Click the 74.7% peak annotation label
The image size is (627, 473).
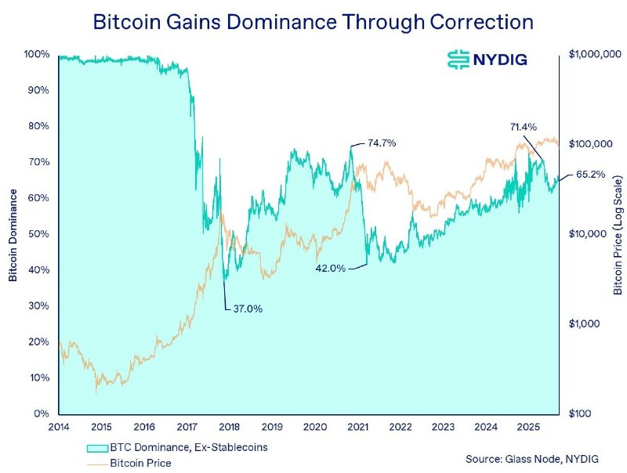click(382, 143)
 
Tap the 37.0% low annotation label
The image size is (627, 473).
click(248, 309)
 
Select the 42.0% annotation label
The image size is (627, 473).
click(331, 268)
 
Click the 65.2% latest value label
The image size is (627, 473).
click(590, 175)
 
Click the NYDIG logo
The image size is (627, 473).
click(486, 60)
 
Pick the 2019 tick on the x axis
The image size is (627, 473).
click(272, 427)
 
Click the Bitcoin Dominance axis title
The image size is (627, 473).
click(13, 235)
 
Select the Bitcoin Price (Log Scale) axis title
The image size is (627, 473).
click(618, 235)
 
